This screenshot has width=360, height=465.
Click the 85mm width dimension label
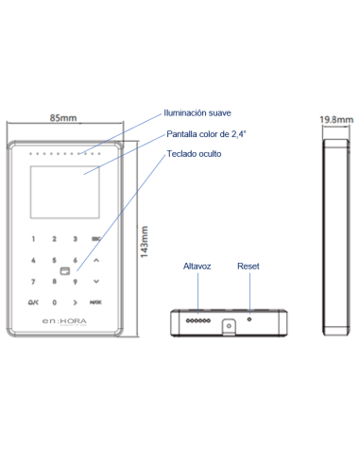63,118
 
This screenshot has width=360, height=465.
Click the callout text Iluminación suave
197,112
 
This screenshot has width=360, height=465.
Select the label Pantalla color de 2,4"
206,133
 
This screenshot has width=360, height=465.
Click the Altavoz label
197,267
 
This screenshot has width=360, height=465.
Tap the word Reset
248,267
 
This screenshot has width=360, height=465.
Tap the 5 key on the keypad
55,260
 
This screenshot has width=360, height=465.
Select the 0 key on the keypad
55,302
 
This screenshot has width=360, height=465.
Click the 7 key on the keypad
34,282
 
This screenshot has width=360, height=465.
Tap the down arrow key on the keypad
76,282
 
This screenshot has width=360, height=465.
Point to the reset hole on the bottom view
248,319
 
